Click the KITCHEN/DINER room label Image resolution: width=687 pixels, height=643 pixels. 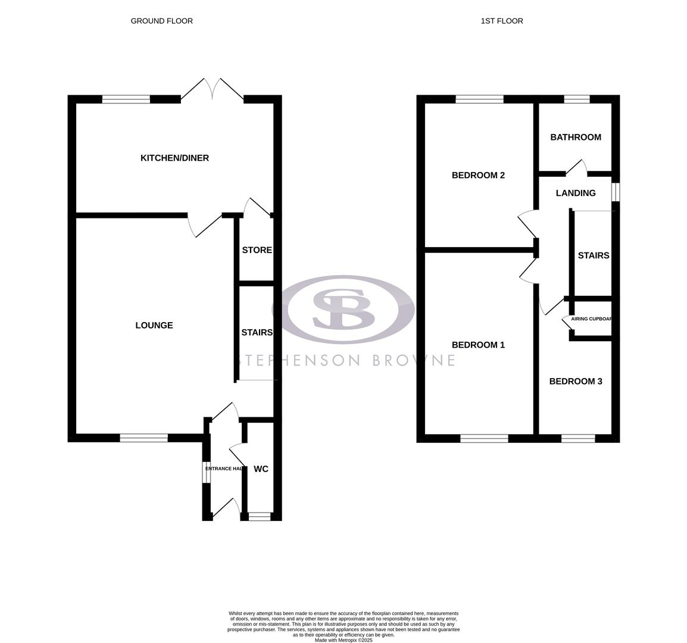pos(174,158)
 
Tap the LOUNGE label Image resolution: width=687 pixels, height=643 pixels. pos(154,326)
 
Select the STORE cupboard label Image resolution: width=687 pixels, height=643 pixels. pos(257,251)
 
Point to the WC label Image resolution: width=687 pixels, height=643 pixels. pos(261,469)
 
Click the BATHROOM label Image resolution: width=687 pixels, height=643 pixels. pos(575,138)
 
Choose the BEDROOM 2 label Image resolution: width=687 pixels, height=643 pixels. pos(478,176)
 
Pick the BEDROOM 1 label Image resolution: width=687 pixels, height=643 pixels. pos(478,345)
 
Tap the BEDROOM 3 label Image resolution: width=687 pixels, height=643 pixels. pos(575,382)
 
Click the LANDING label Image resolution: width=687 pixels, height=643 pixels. pos(575,193)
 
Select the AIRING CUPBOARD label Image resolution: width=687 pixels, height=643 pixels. pos(591,319)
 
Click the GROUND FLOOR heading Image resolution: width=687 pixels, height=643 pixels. pos(161,21)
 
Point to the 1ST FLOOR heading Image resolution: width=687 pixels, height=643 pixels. pos(502,21)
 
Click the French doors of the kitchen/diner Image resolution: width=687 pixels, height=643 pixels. pos(212,89)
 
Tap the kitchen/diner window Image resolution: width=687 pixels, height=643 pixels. pos(126,99)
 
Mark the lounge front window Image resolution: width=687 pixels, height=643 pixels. pos(143,438)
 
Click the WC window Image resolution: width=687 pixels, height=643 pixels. pos(259,517)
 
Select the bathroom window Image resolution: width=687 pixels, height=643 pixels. pos(576,99)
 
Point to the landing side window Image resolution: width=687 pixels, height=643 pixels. pos(616,192)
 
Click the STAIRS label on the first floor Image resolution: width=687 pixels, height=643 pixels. pos(593,256)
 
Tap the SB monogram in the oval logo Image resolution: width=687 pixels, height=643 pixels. pos(343,308)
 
